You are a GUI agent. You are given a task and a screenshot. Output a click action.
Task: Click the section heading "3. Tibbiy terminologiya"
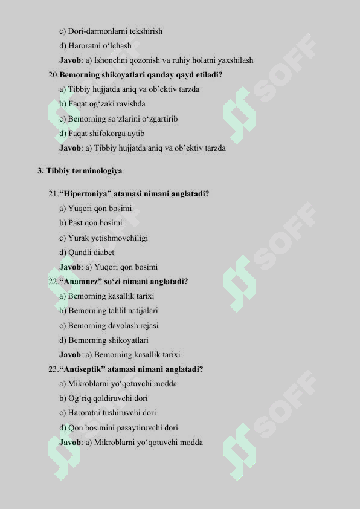(x=80, y=171)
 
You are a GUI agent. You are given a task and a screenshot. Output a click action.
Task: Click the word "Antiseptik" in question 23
(x=83, y=369)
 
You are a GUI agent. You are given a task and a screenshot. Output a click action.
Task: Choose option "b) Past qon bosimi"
(x=91, y=223)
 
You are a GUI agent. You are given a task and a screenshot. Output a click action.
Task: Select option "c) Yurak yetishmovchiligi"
(x=103, y=238)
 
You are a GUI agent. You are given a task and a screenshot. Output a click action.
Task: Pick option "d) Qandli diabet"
(x=86, y=253)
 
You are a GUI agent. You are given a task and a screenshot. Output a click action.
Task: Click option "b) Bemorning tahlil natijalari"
(x=109, y=311)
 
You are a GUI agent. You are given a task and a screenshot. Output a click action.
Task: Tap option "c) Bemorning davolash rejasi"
(x=109, y=325)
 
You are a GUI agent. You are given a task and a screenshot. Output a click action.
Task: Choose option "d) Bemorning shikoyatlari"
(x=103, y=340)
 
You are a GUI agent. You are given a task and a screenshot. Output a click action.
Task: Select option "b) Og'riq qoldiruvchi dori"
(x=103, y=398)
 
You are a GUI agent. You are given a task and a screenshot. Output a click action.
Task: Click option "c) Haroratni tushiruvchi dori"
(x=108, y=413)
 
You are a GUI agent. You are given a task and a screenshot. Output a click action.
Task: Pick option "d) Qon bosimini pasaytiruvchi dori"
(x=118, y=427)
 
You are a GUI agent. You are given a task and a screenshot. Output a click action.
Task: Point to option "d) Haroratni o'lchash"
(x=95, y=45)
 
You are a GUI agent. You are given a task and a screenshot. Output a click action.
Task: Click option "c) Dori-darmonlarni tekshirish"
(x=111, y=31)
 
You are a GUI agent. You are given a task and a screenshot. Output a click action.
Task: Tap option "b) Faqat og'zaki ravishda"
(x=102, y=104)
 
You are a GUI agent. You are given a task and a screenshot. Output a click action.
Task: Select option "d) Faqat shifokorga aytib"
(x=101, y=133)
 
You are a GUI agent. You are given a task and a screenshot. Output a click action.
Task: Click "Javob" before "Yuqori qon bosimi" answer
(x=70, y=267)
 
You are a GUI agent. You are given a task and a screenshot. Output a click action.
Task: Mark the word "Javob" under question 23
(x=70, y=442)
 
